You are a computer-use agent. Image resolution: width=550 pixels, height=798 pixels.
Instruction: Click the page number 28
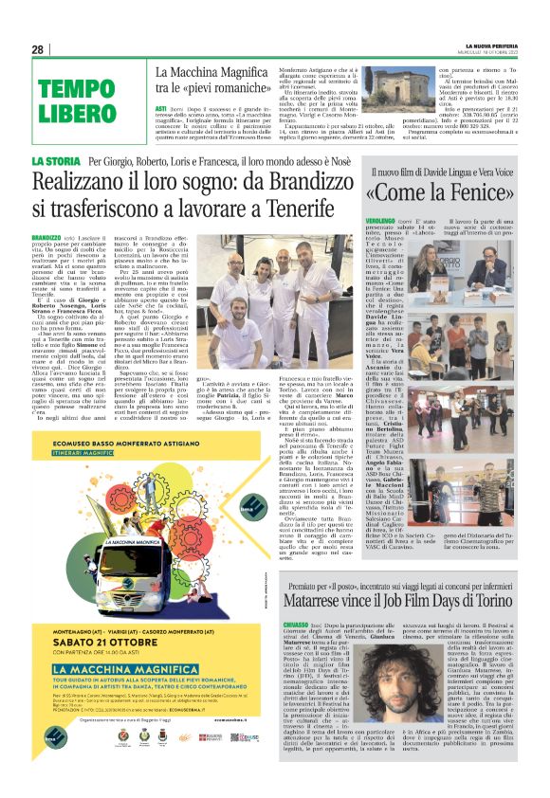coord(37,49)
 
